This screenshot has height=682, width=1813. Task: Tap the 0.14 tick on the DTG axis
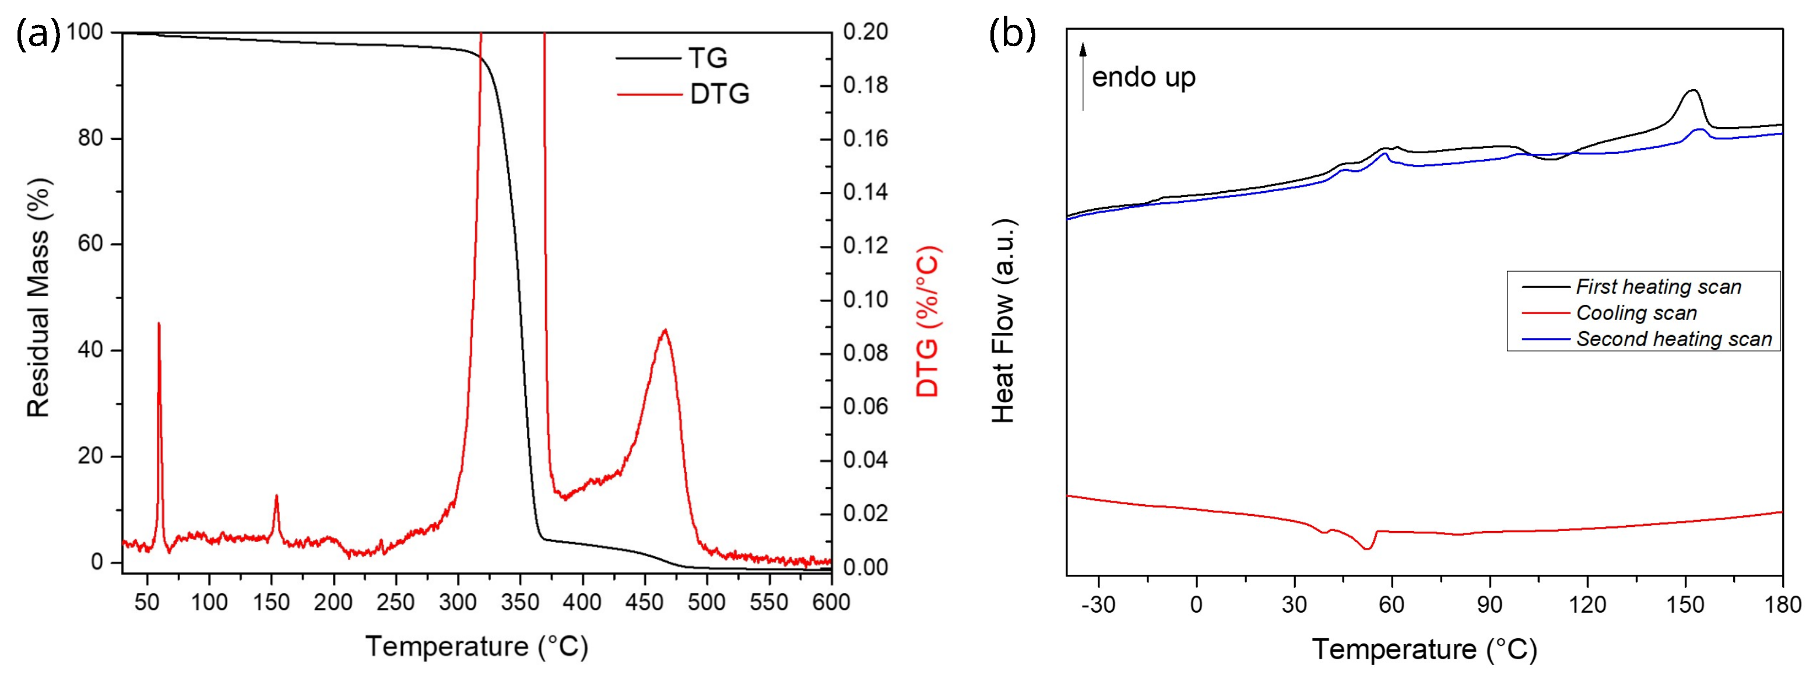(x=865, y=192)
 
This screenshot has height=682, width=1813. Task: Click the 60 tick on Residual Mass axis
(x=90, y=244)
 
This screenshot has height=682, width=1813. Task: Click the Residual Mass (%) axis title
(x=38, y=297)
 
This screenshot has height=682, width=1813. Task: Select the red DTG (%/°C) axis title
(x=927, y=321)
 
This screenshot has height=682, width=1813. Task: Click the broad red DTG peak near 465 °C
(x=665, y=331)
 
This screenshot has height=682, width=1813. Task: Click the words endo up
(x=1143, y=78)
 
